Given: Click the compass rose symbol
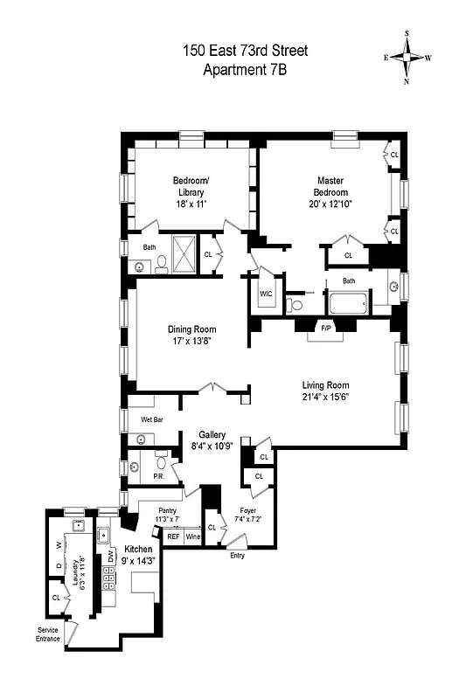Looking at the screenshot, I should pos(407,58).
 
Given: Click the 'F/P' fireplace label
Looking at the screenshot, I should pos(326,328).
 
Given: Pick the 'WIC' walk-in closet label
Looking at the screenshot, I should pos(267,294).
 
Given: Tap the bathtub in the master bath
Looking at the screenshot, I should pos(349,305).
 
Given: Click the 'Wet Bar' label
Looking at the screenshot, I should pos(153,419).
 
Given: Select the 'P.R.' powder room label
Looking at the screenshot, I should pos(159,476).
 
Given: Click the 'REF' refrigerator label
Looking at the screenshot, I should pos(173,536).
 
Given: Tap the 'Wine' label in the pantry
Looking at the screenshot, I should pos(192,536).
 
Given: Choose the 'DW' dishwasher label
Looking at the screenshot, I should pos(111,557).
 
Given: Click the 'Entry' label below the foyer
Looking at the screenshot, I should pos(237,555).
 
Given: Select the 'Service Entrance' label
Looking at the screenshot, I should pos(48,633).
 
